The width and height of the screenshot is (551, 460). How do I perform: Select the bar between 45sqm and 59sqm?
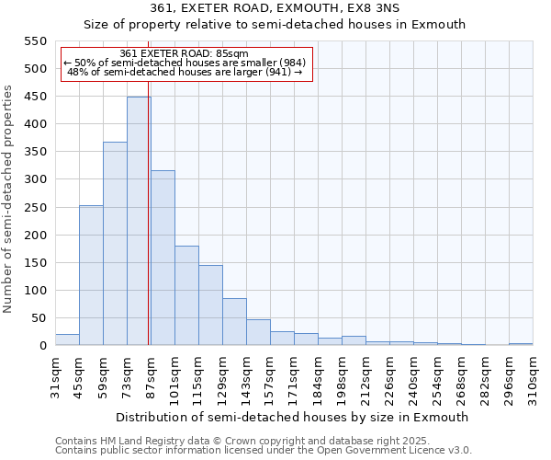[x=91, y=275]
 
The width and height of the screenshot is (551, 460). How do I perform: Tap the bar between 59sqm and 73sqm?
[x=115, y=244]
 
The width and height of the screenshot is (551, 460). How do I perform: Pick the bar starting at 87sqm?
[x=163, y=258]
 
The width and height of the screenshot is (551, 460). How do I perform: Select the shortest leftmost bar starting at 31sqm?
[x=67, y=339]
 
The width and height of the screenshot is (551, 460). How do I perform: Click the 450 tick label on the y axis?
[x=34, y=97]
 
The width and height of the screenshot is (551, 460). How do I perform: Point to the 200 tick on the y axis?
[x=34, y=235]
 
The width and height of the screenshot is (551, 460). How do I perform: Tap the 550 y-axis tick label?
[x=34, y=41]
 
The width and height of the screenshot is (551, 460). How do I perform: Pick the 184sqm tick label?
[x=319, y=378]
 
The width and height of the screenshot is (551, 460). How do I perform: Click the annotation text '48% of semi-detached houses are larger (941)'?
[x=186, y=72]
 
